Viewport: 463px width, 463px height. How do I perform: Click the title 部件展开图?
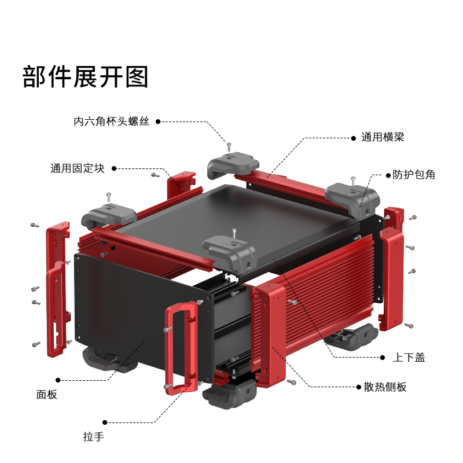(86, 77)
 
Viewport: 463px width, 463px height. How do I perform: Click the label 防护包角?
(413, 174)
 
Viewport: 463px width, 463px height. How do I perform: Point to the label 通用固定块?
(77, 168)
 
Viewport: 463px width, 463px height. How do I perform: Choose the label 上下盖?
(409, 358)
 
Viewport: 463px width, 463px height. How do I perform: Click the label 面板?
(47, 395)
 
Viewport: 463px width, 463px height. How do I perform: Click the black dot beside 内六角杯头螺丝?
(157, 122)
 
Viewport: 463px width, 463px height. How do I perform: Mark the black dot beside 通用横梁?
(354, 138)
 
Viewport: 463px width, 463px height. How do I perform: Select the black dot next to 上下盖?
(383, 358)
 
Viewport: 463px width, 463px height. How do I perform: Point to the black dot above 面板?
(57, 380)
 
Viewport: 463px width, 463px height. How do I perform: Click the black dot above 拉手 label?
(104, 422)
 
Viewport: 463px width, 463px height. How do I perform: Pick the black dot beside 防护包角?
(387, 174)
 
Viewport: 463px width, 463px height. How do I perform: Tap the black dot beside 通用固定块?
(114, 168)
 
